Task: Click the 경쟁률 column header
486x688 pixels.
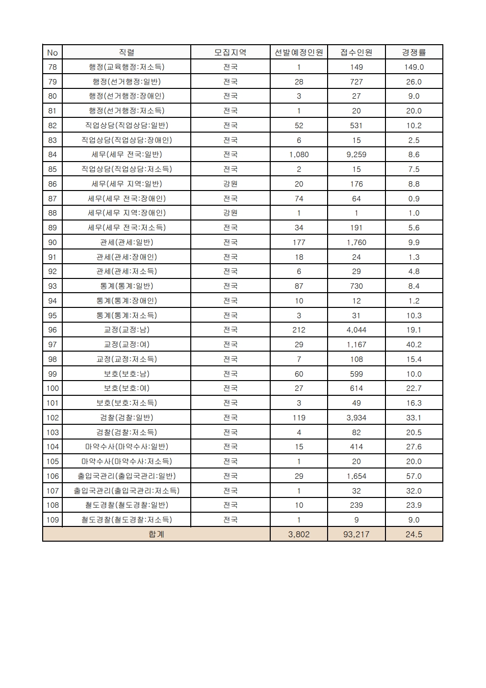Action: pos(414,53)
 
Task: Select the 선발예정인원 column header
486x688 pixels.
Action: pos(299,53)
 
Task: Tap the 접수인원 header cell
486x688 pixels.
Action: pos(356,53)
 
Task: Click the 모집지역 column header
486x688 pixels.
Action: pos(230,53)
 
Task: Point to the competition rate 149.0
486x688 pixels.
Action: pos(414,67)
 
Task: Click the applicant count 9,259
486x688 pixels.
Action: pos(356,155)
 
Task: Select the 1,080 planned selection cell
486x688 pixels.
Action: pos(299,155)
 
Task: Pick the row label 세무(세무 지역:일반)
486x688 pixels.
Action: pos(127,184)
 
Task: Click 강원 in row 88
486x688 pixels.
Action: pos(230,213)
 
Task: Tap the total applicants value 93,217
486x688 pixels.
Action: pos(356,534)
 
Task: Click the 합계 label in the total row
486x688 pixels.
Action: pos(156,534)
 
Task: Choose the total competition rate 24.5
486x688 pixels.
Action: pos(414,534)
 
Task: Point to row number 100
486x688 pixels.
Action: pos(52,388)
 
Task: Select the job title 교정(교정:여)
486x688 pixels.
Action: pos(127,345)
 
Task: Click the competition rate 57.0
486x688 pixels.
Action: pos(414,476)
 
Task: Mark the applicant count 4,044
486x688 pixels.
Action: pos(356,330)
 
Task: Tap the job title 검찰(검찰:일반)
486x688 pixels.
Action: pos(127,418)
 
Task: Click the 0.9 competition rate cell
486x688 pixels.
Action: pos(414,199)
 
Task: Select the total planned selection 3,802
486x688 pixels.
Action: pos(299,534)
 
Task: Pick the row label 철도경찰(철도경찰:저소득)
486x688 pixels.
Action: pos(127,520)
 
